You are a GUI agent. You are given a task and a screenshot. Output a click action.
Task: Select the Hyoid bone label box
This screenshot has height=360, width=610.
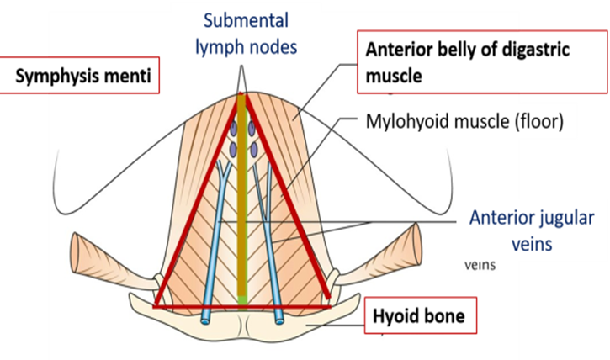(418, 316)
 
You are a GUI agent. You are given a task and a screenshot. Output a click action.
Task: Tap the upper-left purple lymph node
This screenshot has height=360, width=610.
(232, 130)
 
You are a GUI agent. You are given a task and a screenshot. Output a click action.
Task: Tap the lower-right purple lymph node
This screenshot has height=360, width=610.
(252, 151)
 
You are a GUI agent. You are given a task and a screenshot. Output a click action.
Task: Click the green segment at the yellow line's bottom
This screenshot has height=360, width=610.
(243, 299)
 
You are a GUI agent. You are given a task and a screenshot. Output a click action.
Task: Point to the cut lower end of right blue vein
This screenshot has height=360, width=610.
(280, 319)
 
